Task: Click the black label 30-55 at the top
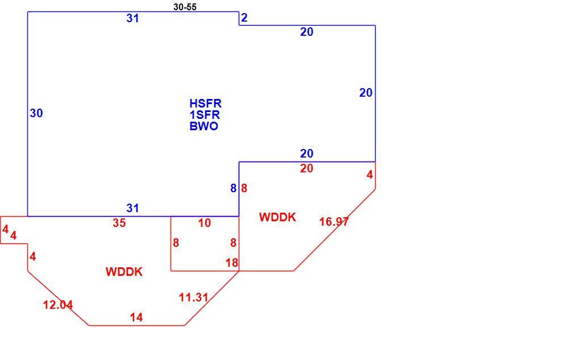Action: pos(185,7)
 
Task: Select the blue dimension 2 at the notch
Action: pos(244,18)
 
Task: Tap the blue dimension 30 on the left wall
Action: pos(36,113)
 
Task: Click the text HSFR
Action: pos(205,104)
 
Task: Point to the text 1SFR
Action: pos(205,115)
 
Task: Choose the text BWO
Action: pos(204,126)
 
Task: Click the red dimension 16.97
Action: pos(334,222)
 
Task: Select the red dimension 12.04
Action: pos(58,305)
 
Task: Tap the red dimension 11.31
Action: pos(194,297)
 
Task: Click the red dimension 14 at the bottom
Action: pos(136,317)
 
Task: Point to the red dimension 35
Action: pos(119,223)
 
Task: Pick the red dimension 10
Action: pos(205,223)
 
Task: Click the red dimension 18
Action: pos(232,263)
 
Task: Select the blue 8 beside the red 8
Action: pos(234,188)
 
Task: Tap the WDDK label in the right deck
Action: pos(277,217)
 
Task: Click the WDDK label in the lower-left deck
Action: pos(124,272)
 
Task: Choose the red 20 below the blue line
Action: pos(307,168)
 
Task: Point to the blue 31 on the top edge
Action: pos(133,18)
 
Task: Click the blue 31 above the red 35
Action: pos(133,208)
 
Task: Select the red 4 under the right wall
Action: pos(370,175)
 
